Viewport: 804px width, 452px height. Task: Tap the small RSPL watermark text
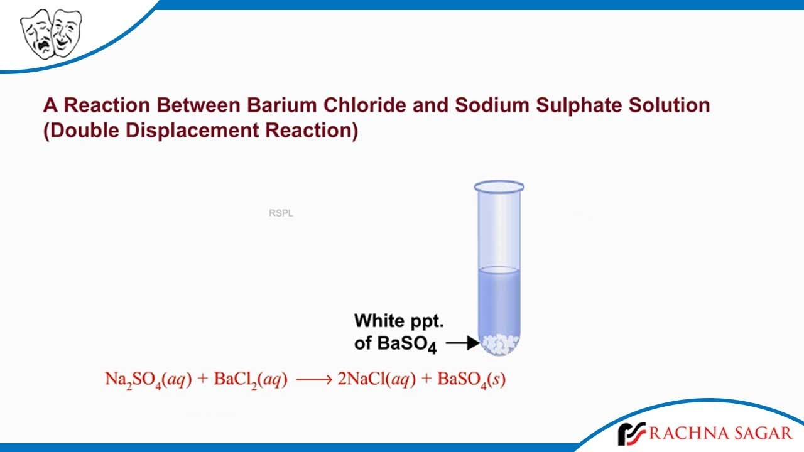281,213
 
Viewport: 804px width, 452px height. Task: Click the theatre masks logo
52,33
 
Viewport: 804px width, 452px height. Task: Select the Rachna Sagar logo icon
631,434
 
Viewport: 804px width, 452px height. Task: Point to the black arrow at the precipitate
464,343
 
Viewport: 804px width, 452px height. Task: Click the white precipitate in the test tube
500,344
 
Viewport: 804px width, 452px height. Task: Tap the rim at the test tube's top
499,186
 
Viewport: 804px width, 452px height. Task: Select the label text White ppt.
399,321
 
